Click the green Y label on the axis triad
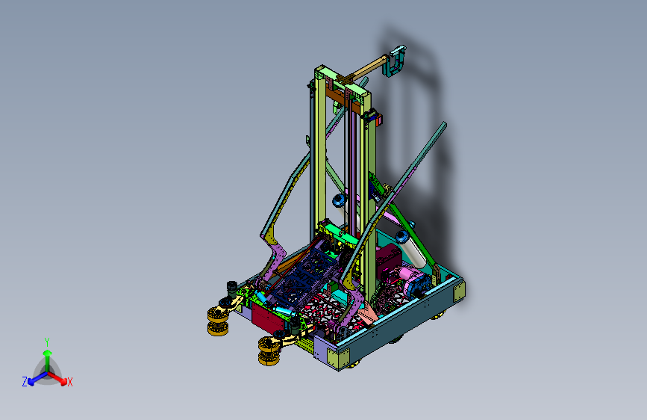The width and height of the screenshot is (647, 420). coord(47,342)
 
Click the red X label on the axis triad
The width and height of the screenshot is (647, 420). coord(69,382)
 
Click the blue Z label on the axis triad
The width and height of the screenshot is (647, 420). coord(25,382)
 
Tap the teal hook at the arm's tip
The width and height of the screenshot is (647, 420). coord(395,61)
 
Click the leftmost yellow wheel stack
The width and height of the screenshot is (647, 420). coord(218,321)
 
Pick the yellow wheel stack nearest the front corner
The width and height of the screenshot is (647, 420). coord(269,351)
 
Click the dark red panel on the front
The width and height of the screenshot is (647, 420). coord(267,318)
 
